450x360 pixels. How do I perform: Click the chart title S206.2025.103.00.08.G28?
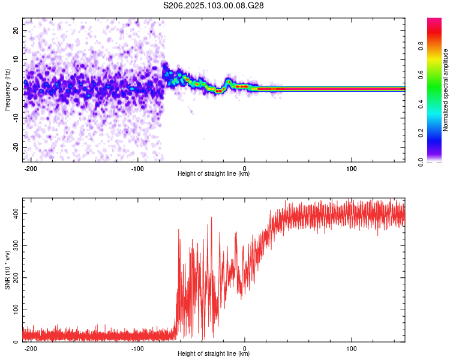pos(214,5)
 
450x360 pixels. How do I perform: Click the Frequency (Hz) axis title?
pos(7,90)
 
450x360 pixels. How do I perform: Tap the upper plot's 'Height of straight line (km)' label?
pos(214,174)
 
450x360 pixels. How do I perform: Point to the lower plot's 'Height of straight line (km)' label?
pos(214,354)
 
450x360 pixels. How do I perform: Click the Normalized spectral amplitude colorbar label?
pos(446,90)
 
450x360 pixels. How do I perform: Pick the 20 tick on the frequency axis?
pos(17,30)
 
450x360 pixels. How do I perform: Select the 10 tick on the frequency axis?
pos(17,59)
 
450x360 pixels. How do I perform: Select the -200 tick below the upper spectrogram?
pos(31,167)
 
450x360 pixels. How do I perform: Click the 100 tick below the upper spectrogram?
pos(352,167)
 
